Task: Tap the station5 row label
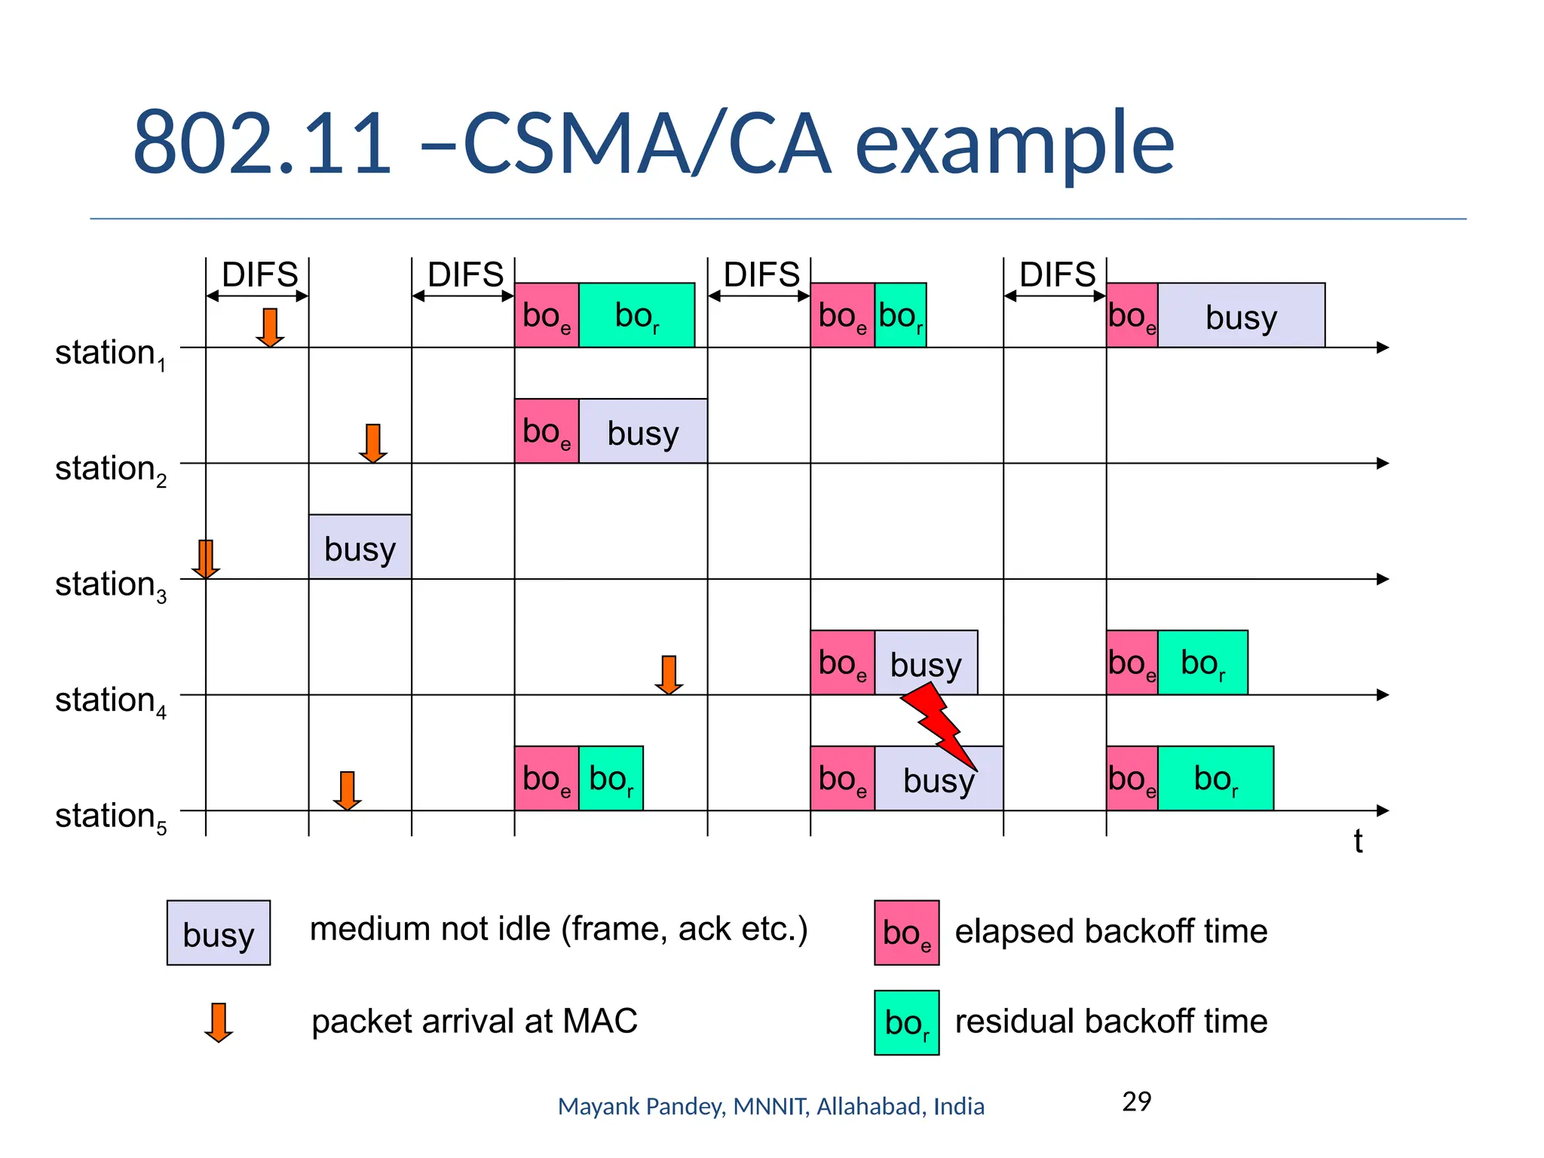[x=110, y=817]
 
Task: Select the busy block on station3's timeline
[x=360, y=547]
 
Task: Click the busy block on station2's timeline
[x=642, y=431]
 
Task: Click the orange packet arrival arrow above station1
[x=269, y=327]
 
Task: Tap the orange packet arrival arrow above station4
[x=669, y=674]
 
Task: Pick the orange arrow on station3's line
[x=205, y=559]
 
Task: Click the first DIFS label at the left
[x=259, y=274]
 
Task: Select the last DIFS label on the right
[x=1057, y=274]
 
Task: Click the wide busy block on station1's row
[x=1241, y=316]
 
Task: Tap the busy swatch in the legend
[x=218, y=933]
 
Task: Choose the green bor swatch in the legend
[x=906, y=1023]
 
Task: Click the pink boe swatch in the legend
[x=906, y=933]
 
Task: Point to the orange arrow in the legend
[x=218, y=1022]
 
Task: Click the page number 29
[x=1136, y=1102]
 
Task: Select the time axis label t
[x=1357, y=841]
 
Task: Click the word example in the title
[x=1014, y=143]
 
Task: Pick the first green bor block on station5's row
[x=611, y=779]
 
